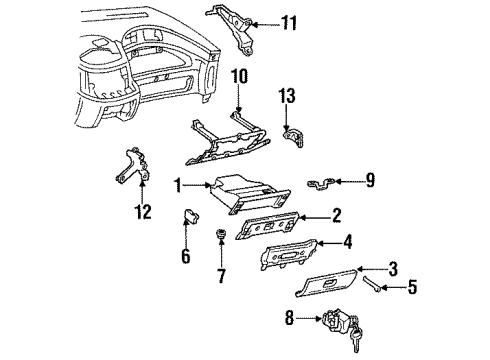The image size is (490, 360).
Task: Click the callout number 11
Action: tap(289, 21)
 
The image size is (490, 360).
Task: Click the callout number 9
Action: tap(369, 180)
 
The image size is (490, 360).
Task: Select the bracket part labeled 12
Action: tap(132, 164)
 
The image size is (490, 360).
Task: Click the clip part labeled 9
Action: tap(322, 183)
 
